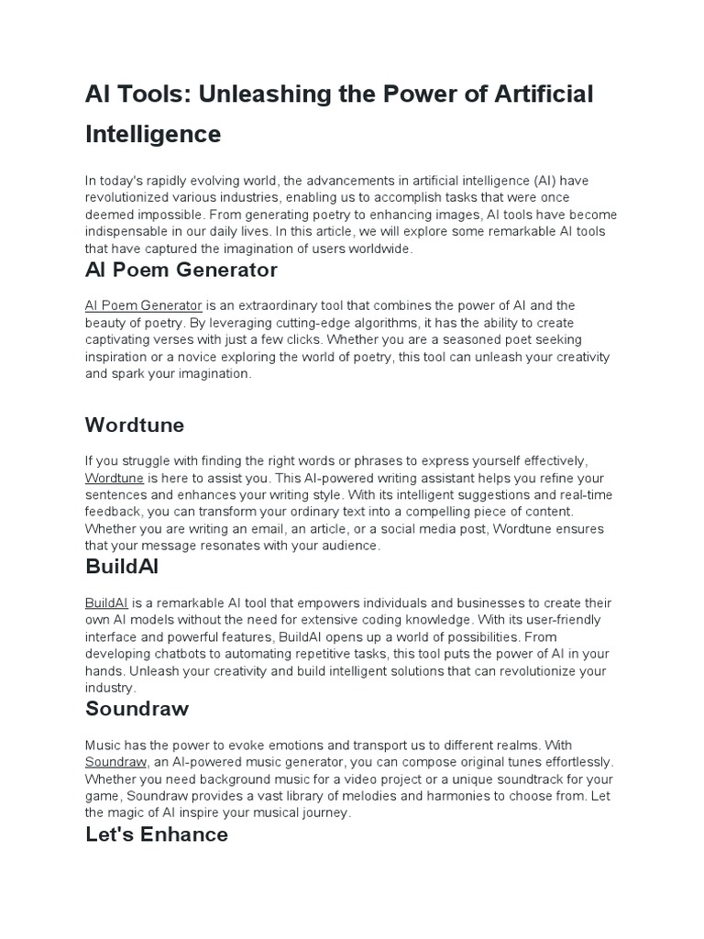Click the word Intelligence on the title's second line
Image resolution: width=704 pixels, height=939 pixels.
(x=153, y=134)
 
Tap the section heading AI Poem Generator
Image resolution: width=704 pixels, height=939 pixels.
(x=181, y=270)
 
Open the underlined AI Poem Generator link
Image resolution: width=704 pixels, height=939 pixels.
(x=143, y=305)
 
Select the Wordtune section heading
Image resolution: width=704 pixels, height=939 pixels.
(x=134, y=425)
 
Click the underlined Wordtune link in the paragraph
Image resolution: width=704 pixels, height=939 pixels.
(x=114, y=478)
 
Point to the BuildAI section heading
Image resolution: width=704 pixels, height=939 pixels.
(x=122, y=567)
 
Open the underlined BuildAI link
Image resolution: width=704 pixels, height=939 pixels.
(x=106, y=602)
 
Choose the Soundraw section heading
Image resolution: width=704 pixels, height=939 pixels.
(x=137, y=708)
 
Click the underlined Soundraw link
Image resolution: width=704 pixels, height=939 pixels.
(x=115, y=762)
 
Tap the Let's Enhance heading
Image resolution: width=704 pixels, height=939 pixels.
(x=156, y=834)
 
